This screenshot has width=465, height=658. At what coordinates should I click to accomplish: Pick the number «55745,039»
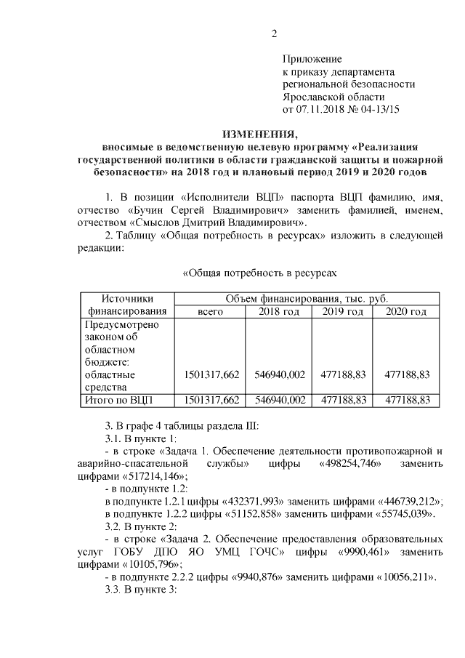pos(400,515)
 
